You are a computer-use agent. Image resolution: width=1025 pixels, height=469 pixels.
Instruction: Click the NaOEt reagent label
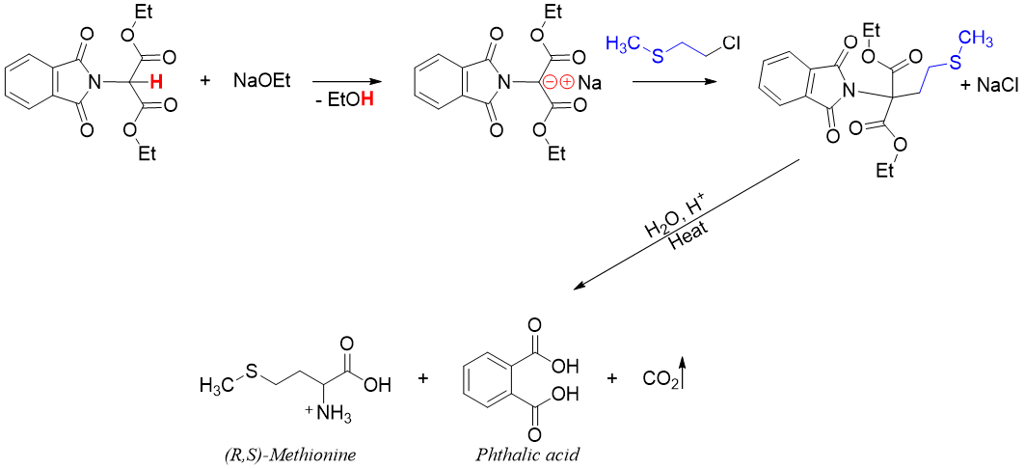coord(261,81)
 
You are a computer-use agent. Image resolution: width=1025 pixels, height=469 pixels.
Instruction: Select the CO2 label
coord(662,379)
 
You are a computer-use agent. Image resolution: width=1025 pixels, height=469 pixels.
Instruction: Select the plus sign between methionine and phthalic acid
coord(422,378)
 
